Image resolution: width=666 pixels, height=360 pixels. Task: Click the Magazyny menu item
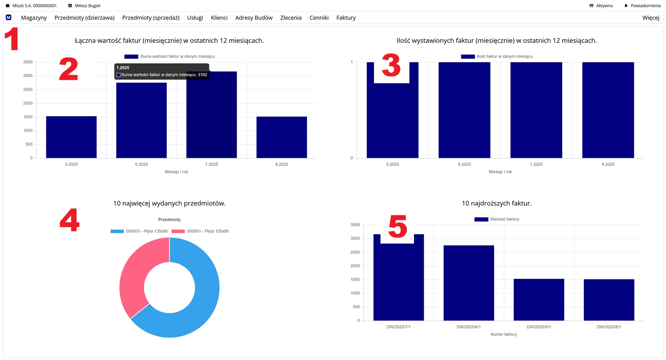click(x=34, y=18)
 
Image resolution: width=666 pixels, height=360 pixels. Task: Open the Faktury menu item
click(x=346, y=18)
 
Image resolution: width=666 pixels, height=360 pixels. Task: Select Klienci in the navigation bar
click(x=219, y=18)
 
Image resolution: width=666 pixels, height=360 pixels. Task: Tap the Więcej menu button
click(x=650, y=18)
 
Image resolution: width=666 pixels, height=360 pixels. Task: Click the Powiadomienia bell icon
click(x=626, y=6)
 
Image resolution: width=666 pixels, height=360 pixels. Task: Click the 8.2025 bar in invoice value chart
click(x=282, y=137)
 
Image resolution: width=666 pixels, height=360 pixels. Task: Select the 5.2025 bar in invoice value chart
click(x=71, y=137)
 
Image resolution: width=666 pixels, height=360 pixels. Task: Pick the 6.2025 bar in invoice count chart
click(x=464, y=110)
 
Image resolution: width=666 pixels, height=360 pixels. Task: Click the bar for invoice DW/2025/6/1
click(x=469, y=283)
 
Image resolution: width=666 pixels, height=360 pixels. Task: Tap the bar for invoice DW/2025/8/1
click(x=609, y=300)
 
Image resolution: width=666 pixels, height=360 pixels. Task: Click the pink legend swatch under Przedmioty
click(x=178, y=231)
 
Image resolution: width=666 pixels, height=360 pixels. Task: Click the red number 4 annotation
click(x=70, y=220)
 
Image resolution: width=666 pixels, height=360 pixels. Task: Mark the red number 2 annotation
click(x=69, y=69)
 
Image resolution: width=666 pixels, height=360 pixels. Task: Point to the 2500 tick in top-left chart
click(x=28, y=89)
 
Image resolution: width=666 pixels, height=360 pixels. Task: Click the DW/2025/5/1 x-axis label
click(x=539, y=327)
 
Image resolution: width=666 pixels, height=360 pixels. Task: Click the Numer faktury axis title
click(x=503, y=334)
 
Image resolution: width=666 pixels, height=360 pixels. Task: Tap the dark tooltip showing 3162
click(x=162, y=71)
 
